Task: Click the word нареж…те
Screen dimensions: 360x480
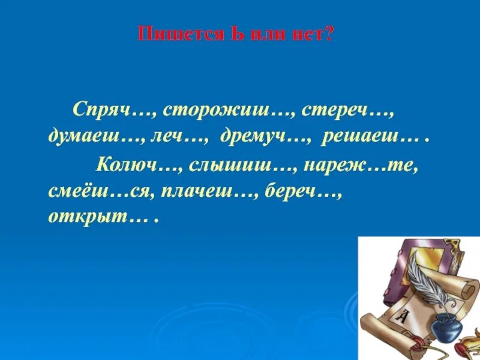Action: coord(360,164)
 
